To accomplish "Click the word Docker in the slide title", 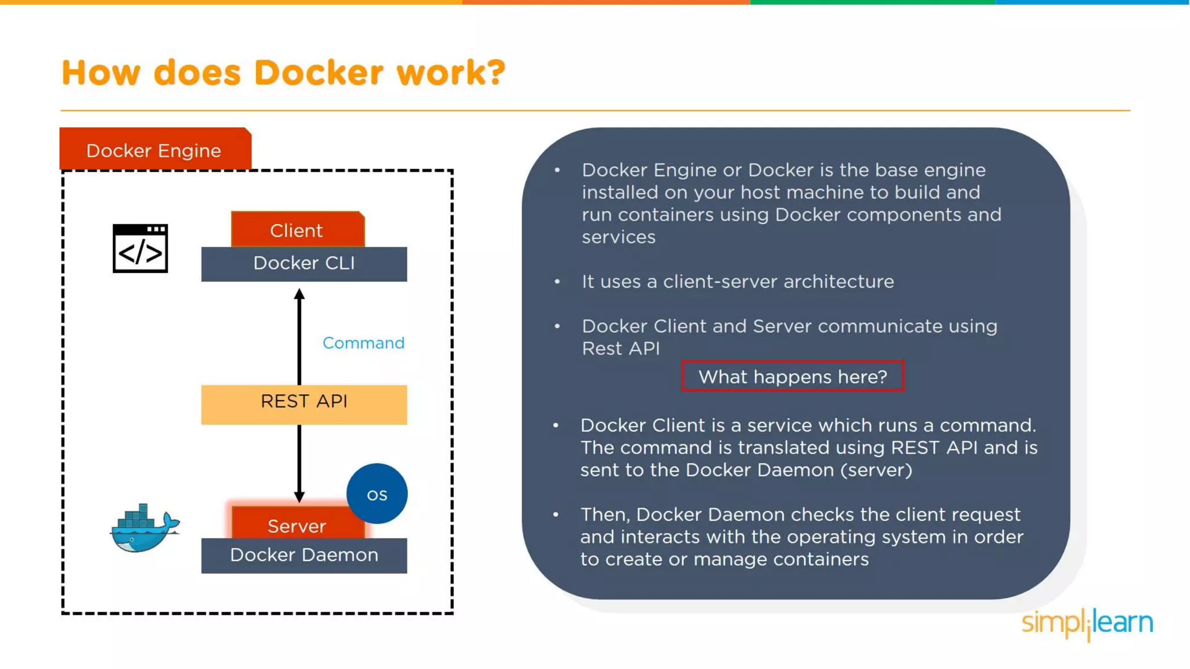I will pyautogui.click(x=318, y=73).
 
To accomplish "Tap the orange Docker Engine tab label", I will pyautogui.click(x=154, y=150).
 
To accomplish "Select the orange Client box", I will pyautogui.click(x=297, y=230).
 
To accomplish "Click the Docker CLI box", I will pyautogui.click(x=304, y=264).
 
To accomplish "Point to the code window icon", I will pyautogui.click(x=140, y=249).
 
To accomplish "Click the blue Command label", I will pyautogui.click(x=363, y=343).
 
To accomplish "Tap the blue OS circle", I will pyautogui.click(x=377, y=494).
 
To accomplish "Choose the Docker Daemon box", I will pyautogui.click(x=304, y=555).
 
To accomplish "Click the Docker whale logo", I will pyautogui.click(x=145, y=528).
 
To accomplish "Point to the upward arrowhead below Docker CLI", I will pyautogui.click(x=299, y=294).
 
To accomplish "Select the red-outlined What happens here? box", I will pyautogui.click(x=793, y=376).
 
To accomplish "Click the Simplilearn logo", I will pyautogui.click(x=1087, y=623).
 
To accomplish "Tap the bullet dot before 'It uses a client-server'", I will pyautogui.click(x=557, y=282).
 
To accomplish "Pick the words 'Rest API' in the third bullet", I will pyautogui.click(x=621, y=348).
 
